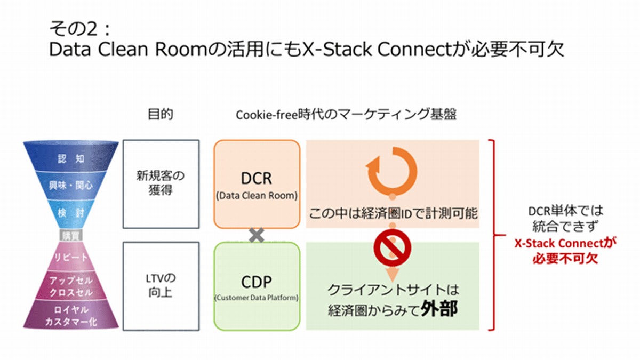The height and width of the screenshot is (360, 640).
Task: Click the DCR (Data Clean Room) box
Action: pos(257,185)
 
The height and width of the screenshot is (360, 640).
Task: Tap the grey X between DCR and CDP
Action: pos(257,235)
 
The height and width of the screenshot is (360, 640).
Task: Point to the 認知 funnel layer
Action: pos(71,158)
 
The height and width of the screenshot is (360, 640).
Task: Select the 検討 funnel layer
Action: pos(71,213)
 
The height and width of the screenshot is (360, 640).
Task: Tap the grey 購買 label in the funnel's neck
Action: pos(71,234)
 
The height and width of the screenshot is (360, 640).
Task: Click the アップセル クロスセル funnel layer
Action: pos(71,286)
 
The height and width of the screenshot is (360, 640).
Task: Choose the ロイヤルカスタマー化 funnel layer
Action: pos(71,314)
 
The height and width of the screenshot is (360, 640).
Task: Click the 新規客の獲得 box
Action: pos(161,183)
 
